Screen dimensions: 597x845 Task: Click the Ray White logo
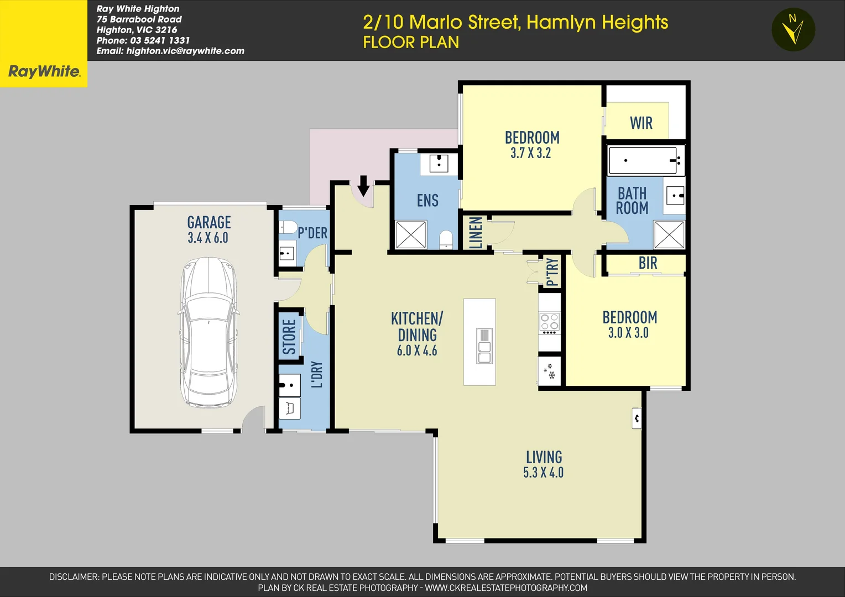44,71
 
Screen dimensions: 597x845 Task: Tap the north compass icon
793,30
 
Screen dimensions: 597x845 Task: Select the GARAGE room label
209,222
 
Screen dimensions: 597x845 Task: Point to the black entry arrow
363,186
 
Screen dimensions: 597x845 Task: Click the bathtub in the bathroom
643,160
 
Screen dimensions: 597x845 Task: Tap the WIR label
641,123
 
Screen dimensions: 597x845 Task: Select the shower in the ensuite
411,235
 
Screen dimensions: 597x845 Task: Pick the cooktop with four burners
549,322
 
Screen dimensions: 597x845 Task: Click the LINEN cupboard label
476,232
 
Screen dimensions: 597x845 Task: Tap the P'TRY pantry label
552,272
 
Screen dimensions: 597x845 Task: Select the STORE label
289,337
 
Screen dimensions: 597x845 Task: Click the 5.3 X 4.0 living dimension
543,473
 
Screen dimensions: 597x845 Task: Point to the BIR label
648,263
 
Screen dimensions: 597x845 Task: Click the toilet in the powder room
288,227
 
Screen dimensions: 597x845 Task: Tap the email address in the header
170,51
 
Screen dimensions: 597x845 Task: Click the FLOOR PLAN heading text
411,43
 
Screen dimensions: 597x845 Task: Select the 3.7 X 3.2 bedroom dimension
530,153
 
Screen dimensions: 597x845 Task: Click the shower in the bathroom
669,234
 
